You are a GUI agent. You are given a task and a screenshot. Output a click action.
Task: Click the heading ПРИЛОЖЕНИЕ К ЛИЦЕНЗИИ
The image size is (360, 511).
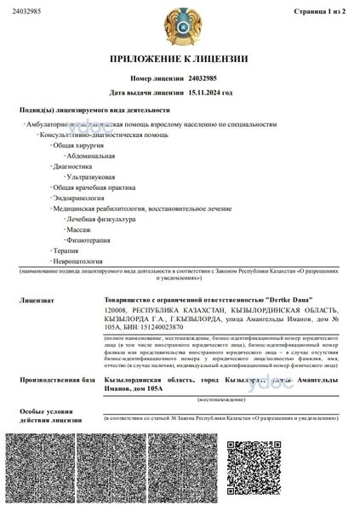click(x=179, y=59)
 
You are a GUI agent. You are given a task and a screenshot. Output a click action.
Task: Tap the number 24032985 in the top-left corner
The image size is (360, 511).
click(x=20, y=12)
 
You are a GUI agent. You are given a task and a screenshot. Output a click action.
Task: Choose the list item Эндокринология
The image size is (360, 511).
click(x=78, y=198)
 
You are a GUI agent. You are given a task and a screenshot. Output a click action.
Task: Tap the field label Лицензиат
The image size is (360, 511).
click(x=36, y=301)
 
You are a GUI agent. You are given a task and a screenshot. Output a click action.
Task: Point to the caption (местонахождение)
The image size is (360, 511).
click(x=220, y=398)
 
